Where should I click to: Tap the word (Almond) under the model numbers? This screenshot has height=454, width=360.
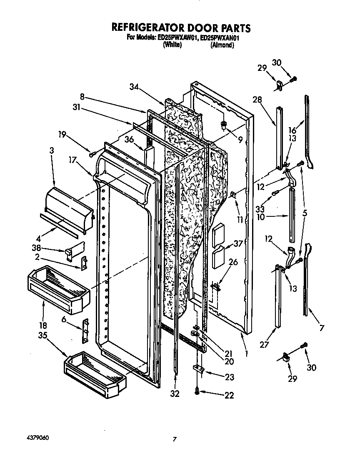[x=222, y=45]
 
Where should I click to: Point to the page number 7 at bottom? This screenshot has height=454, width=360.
[x=175, y=439]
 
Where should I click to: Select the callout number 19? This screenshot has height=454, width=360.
[x=62, y=134]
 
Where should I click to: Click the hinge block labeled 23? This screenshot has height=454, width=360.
[x=197, y=369]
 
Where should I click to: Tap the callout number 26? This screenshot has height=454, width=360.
[x=233, y=262]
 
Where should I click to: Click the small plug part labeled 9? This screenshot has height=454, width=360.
[x=224, y=124]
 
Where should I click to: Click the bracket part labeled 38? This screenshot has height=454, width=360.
[x=70, y=253]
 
